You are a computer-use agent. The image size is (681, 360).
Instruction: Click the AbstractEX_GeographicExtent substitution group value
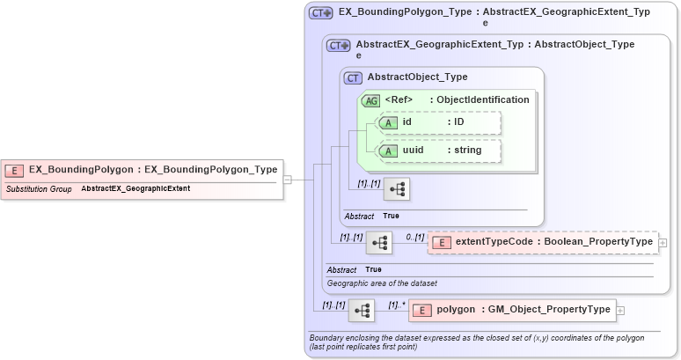[x=135, y=188]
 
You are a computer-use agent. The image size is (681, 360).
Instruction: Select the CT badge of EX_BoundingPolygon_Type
[x=321, y=13]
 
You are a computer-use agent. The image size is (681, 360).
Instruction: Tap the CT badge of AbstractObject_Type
[x=353, y=77]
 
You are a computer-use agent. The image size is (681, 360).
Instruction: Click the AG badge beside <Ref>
[x=370, y=100]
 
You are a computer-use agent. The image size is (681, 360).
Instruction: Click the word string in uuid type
[x=467, y=151]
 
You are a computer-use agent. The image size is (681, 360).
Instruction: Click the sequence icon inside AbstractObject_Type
[x=397, y=189]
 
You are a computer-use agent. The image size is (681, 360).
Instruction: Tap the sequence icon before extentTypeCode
[x=379, y=242]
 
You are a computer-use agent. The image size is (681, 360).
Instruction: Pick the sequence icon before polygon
[x=362, y=310]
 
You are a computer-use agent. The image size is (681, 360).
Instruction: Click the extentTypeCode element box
[x=542, y=242]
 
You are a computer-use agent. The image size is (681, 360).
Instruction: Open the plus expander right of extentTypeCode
[x=663, y=242]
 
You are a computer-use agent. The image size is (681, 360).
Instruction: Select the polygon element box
[x=512, y=310]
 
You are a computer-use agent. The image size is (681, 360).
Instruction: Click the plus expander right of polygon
[x=620, y=310]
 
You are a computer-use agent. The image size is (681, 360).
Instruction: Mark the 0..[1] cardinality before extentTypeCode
[x=414, y=237]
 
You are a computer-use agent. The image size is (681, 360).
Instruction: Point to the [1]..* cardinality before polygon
[x=396, y=305]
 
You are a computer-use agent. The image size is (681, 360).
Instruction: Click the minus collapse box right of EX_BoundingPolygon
[x=288, y=180]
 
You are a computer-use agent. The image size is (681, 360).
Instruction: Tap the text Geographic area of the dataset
[x=382, y=283]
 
